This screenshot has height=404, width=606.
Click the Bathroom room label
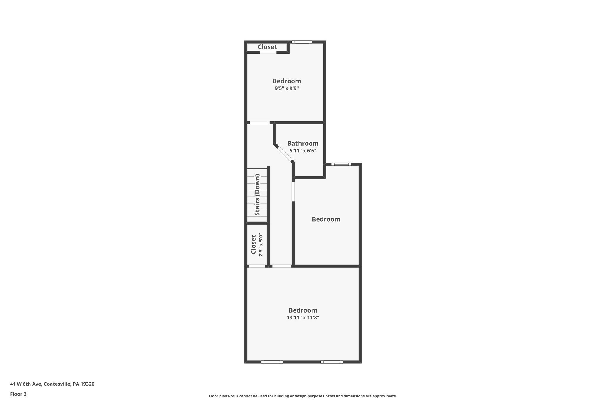[x=303, y=144]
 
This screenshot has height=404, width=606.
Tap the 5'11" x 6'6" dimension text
[x=303, y=151]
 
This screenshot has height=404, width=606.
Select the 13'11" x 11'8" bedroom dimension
[x=303, y=318]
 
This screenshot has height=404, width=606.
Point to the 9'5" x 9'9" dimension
[x=286, y=88]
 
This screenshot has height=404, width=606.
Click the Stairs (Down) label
[x=257, y=195]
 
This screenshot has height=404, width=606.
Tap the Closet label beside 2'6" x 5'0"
[x=253, y=244]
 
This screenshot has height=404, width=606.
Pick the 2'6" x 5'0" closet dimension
[x=261, y=245]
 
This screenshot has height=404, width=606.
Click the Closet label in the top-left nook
[x=267, y=47]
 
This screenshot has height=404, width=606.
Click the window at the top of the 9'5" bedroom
[x=302, y=42]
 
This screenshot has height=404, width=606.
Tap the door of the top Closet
[x=268, y=52]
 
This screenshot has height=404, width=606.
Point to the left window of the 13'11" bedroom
[x=272, y=362]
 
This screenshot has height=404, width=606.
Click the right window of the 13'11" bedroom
[x=332, y=362]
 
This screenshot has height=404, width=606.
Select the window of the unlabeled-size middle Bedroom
[x=341, y=164]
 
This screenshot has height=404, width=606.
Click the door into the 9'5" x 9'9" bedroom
[x=260, y=123]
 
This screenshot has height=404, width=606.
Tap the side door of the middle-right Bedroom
[x=293, y=191]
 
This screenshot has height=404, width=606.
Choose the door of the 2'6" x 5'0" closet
[x=257, y=266]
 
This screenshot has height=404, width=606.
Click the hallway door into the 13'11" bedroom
[x=282, y=266]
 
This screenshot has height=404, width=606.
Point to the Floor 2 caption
[x=18, y=394]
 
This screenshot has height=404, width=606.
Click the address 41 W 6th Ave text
[x=52, y=384]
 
